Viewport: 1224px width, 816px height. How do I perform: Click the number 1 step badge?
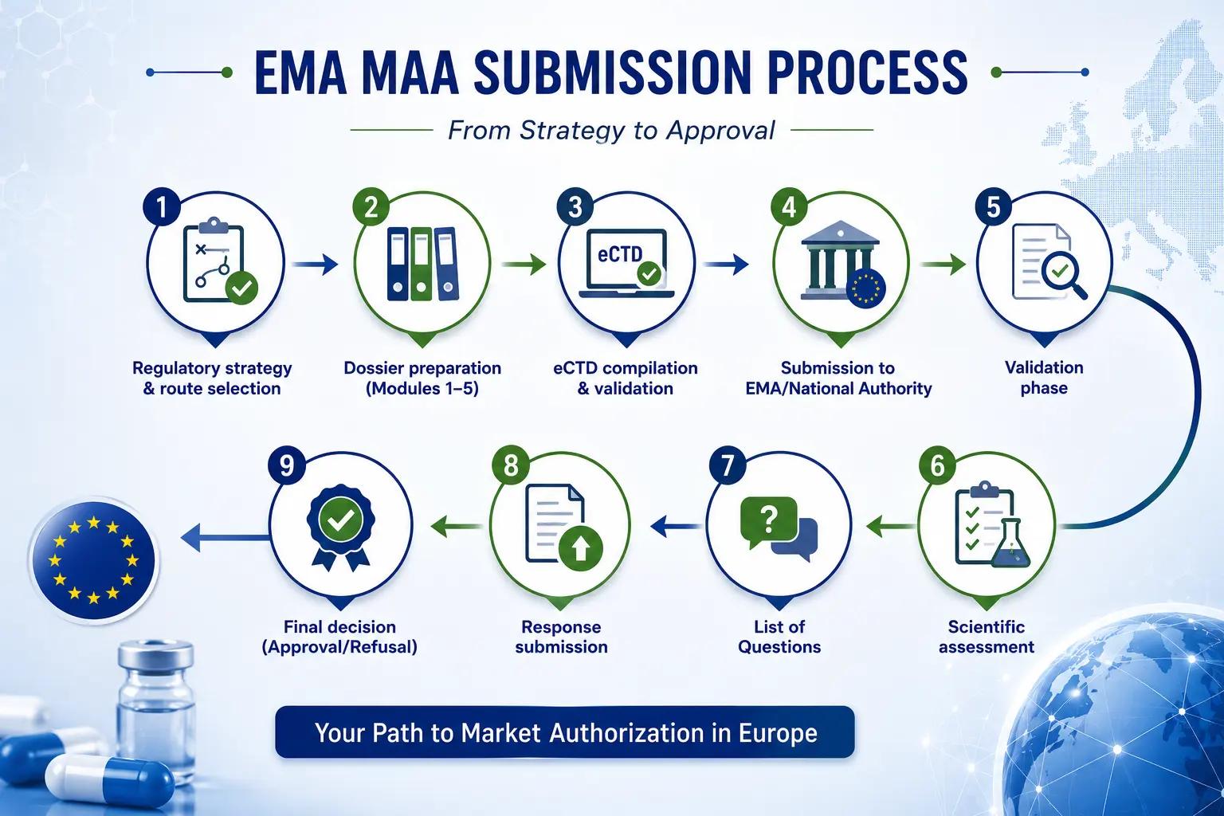click(161, 206)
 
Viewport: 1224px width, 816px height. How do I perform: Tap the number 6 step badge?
click(937, 465)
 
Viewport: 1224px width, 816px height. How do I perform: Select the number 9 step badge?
click(287, 465)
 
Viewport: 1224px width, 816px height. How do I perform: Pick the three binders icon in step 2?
click(422, 264)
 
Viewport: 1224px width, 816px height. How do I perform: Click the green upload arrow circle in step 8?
click(581, 547)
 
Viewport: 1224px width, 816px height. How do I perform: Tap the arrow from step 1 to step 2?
click(315, 265)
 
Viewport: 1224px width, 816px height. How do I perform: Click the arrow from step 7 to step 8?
click(676, 526)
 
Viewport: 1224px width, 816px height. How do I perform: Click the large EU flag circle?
click(93, 561)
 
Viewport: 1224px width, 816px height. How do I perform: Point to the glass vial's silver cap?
click(155, 656)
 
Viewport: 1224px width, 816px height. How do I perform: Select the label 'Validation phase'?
click(1044, 378)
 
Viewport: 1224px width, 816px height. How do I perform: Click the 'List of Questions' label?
click(779, 637)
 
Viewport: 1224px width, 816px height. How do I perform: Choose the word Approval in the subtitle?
click(720, 131)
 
